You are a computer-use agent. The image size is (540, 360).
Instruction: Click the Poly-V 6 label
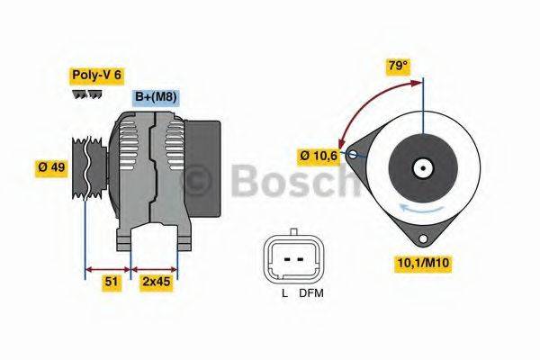click(96, 77)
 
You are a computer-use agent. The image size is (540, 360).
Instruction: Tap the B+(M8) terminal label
click(157, 96)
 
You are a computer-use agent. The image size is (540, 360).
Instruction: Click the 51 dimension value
click(111, 282)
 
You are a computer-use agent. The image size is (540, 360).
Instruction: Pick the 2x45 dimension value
click(156, 282)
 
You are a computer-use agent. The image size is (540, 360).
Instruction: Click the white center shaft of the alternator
click(421, 167)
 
